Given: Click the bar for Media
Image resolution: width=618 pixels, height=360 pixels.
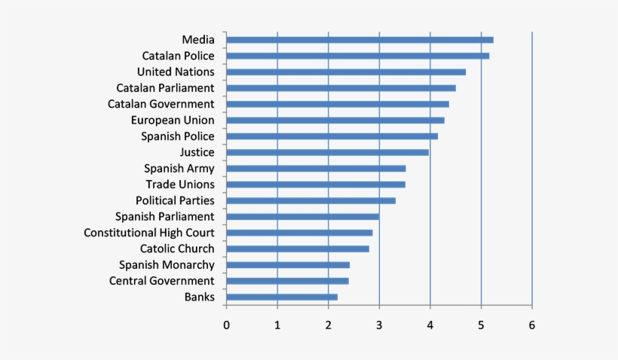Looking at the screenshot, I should click(x=359, y=40).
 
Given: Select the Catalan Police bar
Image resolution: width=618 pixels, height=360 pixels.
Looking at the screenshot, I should click(x=357, y=56).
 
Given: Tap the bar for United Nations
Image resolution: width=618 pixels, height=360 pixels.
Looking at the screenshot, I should click(x=346, y=72).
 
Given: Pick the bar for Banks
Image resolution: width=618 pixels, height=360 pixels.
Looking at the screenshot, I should click(x=282, y=297).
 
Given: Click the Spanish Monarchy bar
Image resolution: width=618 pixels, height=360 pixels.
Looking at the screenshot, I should click(x=288, y=265).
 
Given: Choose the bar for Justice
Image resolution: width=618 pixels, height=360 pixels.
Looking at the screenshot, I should click(x=327, y=152).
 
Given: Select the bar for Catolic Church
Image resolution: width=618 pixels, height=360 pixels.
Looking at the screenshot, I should click(x=298, y=249).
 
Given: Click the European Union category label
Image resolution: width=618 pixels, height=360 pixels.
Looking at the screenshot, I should click(x=172, y=120).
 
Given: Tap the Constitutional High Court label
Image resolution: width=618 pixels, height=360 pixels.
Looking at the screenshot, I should click(x=149, y=233).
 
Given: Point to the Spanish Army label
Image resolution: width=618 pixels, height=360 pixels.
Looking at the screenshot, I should click(x=179, y=168).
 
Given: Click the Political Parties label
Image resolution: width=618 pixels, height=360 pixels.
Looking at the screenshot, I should click(x=175, y=200).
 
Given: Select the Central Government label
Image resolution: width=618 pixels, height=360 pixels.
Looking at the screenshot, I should click(x=161, y=281).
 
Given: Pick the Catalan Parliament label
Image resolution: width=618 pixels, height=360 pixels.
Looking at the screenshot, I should click(x=165, y=88).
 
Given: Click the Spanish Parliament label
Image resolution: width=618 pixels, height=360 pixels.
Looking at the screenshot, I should click(x=164, y=217).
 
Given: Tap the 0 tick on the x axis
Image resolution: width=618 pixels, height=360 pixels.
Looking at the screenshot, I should click(x=226, y=325).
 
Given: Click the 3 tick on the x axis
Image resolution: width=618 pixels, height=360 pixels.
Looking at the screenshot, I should click(x=379, y=325).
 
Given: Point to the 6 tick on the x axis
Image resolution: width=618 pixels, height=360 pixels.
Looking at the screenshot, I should click(x=532, y=325).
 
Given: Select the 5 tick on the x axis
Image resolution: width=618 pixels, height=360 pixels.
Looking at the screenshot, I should click(x=481, y=325).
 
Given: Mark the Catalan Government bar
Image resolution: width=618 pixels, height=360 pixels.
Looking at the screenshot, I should click(x=338, y=104).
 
